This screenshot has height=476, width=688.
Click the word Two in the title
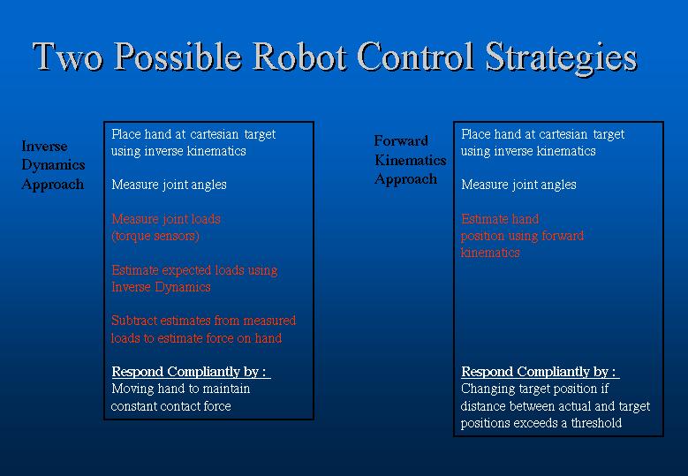click(68, 57)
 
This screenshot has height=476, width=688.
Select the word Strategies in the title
click(561, 59)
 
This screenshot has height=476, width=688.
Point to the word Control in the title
click(416, 57)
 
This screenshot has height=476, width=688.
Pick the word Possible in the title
click(178, 57)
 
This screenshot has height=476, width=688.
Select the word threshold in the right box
click(596, 423)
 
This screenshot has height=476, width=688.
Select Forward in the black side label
click(401, 140)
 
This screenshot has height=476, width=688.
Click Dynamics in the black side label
click(53, 165)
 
